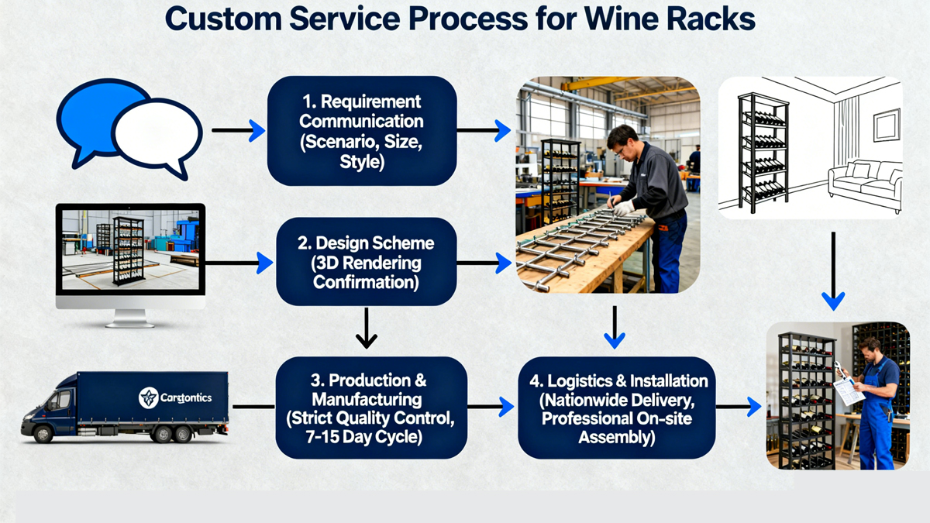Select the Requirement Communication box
click(361, 131)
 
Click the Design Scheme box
click(366, 262)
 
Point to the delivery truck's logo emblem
click(148, 398)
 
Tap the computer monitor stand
click(130, 318)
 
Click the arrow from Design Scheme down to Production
click(366, 329)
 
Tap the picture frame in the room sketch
click(887, 125)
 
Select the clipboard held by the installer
click(849, 390)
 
